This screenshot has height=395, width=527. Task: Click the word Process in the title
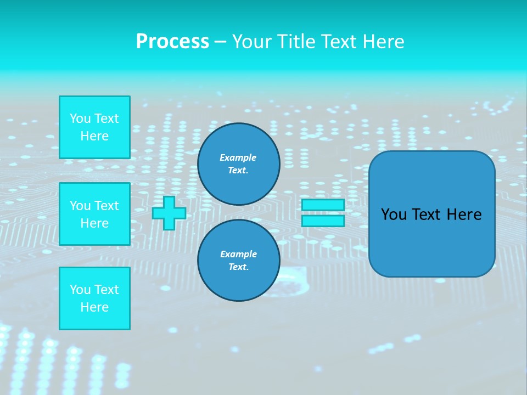pyautogui.click(x=172, y=42)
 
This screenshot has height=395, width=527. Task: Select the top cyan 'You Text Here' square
pyautogui.click(x=94, y=127)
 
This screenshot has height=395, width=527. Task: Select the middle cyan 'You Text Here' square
pyautogui.click(x=94, y=214)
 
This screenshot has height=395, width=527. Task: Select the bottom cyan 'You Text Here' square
pyautogui.click(x=94, y=298)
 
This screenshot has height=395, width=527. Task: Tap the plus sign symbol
pyautogui.click(x=169, y=213)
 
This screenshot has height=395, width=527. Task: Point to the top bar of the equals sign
pyautogui.click(x=323, y=205)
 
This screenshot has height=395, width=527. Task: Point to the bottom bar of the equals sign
pyautogui.click(x=323, y=221)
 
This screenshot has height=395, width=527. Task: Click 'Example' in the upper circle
pyautogui.click(x=238, y=157)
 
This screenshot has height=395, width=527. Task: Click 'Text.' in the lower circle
pyautogui.click(x=238, y=267)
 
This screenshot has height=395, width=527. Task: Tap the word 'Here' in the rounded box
pyautogui.click(x=464, y=215)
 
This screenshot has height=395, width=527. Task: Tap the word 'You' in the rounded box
pyautogui.click(x=393, y=215)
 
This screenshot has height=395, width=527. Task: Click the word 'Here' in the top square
pyautogui.click(x=94, y=136)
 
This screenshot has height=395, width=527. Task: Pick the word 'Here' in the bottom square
pyautogui.click(x=94, y=307)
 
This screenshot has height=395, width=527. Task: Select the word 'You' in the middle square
pyautogui.click(x=80, y=206)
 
